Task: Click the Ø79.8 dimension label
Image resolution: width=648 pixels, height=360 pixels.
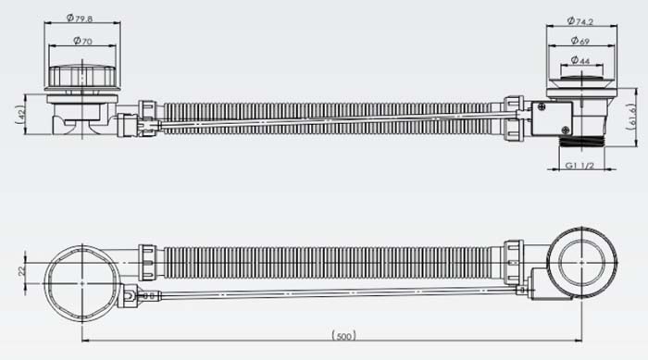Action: tap(80, 19)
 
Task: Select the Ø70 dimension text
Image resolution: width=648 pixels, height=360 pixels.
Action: tap(82, 41)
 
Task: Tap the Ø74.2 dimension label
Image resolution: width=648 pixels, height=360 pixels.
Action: tap(580, 20)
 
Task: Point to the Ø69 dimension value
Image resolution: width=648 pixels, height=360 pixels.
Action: tap(580, 41)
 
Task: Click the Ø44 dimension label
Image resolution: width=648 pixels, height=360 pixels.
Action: tap(580, 60)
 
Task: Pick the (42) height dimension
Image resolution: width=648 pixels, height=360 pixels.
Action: tap(20, 115)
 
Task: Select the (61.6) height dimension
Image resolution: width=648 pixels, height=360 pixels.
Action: tap(631, 117)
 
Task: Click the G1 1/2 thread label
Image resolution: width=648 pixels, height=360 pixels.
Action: tap(579, 166)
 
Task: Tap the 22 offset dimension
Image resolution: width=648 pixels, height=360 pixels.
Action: tap(22, 271)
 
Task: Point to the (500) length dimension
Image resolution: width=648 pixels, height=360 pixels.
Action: tap(343, 336)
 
